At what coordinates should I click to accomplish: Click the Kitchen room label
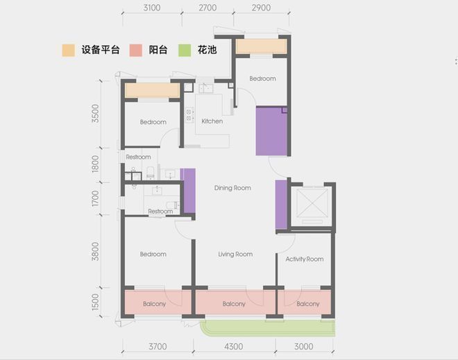212,121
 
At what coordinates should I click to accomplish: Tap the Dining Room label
232,188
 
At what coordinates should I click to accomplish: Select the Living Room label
235,254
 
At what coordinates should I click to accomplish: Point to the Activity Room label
305,259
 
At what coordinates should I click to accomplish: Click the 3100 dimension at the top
152,8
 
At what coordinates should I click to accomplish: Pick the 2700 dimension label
207,8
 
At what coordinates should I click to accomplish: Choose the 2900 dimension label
261,8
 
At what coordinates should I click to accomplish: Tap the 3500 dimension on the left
95,114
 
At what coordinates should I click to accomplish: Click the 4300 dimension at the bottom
234,347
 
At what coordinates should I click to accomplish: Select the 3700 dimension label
158,347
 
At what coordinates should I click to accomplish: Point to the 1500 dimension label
95,302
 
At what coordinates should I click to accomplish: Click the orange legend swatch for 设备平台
68,50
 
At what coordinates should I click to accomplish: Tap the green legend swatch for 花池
185,50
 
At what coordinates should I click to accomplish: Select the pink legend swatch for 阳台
136,50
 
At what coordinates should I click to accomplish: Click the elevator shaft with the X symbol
312,203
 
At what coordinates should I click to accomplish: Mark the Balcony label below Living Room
234,304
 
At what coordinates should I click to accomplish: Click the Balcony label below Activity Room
308,304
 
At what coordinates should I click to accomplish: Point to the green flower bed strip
267,328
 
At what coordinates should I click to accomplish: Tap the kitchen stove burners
189,115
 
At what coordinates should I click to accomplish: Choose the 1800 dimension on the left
95,164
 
